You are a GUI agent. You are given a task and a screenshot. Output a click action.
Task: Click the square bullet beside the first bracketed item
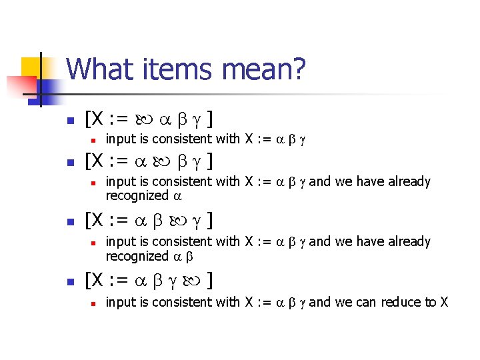69,121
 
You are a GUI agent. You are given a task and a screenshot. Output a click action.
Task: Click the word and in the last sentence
320,302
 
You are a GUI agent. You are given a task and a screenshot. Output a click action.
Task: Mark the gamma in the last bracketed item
177,280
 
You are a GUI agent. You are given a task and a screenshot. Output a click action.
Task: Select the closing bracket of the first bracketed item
210,120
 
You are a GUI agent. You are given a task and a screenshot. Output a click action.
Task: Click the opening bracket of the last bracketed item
88,280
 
